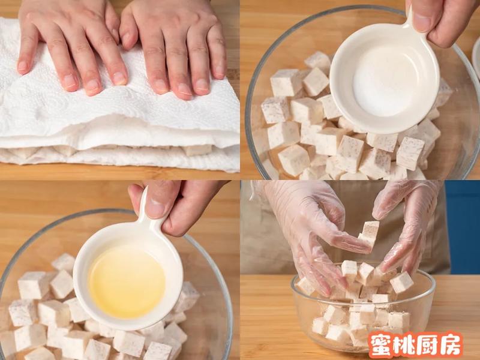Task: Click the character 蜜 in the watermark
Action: pyautogui.click(x=380, y=344)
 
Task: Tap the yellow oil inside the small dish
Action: pyautogui.click(x=127, y=281)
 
